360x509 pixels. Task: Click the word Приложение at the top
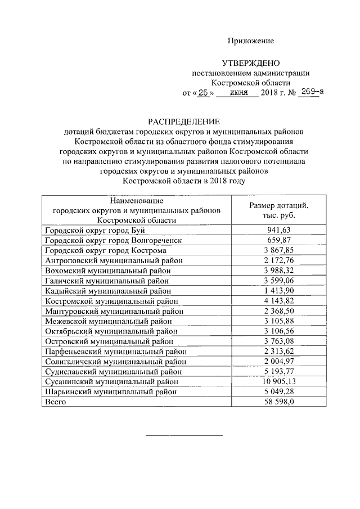[250, 41]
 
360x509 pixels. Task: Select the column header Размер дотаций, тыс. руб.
[279, 210]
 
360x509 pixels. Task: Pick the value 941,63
[279, 230]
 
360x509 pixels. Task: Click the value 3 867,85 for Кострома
[279, 250]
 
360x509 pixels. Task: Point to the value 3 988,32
[279, 271]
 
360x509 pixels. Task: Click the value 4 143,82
[279, 301]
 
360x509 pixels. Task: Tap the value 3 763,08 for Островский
[279, 341]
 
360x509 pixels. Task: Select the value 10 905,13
[279, 381]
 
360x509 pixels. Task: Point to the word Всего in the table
[55, 402]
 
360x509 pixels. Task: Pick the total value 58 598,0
[279, 402]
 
